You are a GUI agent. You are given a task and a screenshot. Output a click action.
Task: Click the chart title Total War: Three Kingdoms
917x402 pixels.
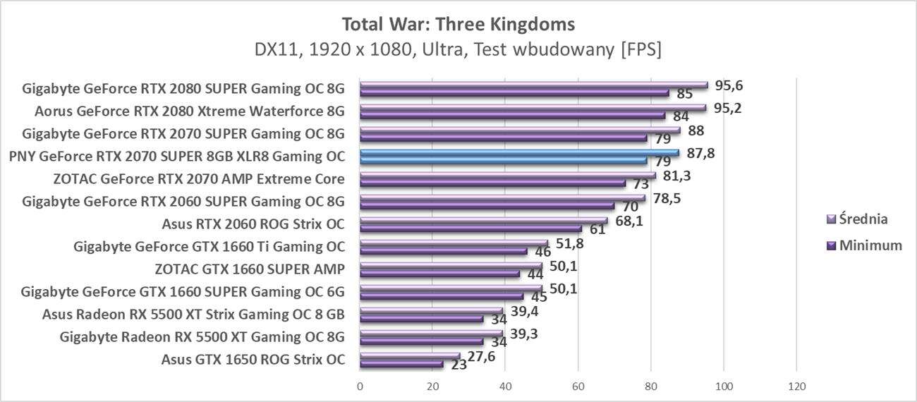[x=458, y=24]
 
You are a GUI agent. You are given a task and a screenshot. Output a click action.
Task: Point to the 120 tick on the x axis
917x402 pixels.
[x=796, y=386]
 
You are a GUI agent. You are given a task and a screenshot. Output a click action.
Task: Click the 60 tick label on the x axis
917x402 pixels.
[x=578, y=386]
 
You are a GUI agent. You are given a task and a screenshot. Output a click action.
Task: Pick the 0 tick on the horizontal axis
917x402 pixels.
[x=360, y=386]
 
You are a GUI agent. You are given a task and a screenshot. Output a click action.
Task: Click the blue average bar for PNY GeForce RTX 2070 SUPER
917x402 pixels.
[x=518, y=152]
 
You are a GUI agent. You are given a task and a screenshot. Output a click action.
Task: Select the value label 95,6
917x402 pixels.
[x=729, y=85]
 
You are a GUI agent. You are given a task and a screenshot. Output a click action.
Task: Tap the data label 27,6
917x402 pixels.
[x=482, y=356]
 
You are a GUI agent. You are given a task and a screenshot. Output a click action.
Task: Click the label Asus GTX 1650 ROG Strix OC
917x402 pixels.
[x=253, y=359]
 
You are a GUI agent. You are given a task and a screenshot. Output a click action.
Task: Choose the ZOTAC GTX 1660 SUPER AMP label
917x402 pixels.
[x=250, y=269]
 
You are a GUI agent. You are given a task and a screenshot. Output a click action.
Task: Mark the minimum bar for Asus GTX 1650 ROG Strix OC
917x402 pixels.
[x=401, y=365]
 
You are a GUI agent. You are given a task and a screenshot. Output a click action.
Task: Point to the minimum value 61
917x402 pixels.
[x=597, y=230]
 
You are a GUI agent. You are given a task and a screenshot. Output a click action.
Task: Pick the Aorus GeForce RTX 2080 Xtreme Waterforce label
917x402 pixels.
[x=189, y=111]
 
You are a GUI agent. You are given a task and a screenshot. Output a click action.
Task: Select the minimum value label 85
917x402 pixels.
[x=684, y=94]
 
